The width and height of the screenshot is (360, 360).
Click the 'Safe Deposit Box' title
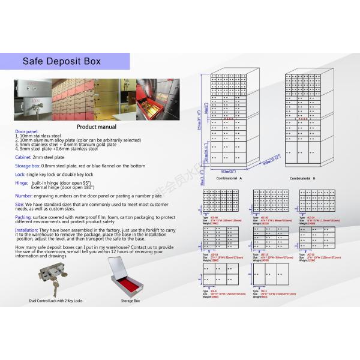[62, 61]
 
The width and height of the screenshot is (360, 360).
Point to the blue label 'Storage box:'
[28, 165]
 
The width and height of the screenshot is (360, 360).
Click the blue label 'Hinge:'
[22, 182]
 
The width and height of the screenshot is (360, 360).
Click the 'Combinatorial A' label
[232, 178]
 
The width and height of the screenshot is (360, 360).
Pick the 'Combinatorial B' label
[302, 178]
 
